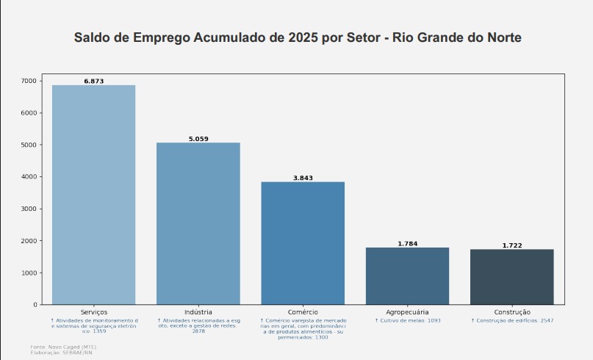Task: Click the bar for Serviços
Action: click(93, 195)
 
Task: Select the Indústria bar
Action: click(198, 223)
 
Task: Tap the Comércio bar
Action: click(303, 242)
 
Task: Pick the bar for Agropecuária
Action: click(407, 276)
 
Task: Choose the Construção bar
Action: click(511, 277)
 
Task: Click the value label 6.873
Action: click(93, 81)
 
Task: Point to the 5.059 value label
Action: click(198, 139)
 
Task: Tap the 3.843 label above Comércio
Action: click(303, 178)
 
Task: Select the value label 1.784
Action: click(407, 244)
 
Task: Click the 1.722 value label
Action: click(511, 245)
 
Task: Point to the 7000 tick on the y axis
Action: click(29, 81)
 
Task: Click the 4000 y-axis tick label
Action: click(29, 177)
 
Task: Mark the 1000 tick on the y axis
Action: click(29, 273)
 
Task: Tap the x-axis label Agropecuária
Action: click(407, 312)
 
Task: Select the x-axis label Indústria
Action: click(198, 312)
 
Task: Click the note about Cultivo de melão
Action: click(408, 321)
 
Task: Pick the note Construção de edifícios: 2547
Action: click(512, 321)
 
